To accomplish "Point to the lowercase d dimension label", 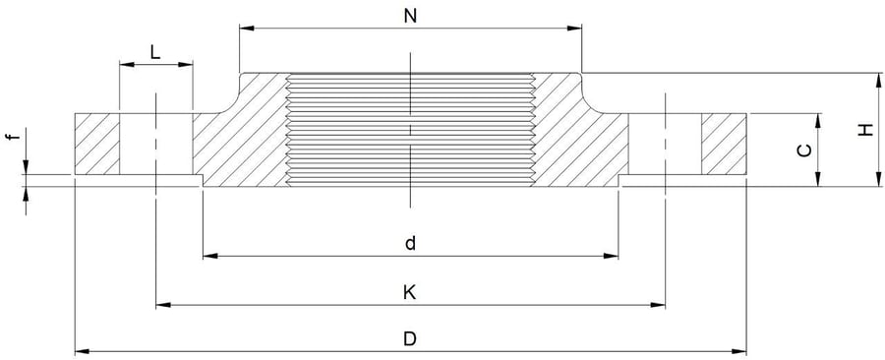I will pyautogui.click(x=409, y=243).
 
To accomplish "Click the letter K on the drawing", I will pyautogui.click(x=409, y=292).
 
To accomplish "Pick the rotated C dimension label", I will pyautogui.click(x=804, y=150).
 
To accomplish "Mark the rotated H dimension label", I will pyautogui.click(x=863, y=129).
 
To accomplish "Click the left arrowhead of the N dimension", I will pyautogui.click(x=245, y=29).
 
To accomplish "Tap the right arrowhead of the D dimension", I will pyautogui.click(x=740, y=350).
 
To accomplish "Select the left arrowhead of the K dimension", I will pyautogui.click(x=162, y=305).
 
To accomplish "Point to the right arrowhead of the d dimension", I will pyautogui.click(x=613, y=256).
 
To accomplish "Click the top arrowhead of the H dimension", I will pyautogui.click(x=875, y=78).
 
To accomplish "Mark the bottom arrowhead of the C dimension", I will pyautogui.click(x=818, y=180).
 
